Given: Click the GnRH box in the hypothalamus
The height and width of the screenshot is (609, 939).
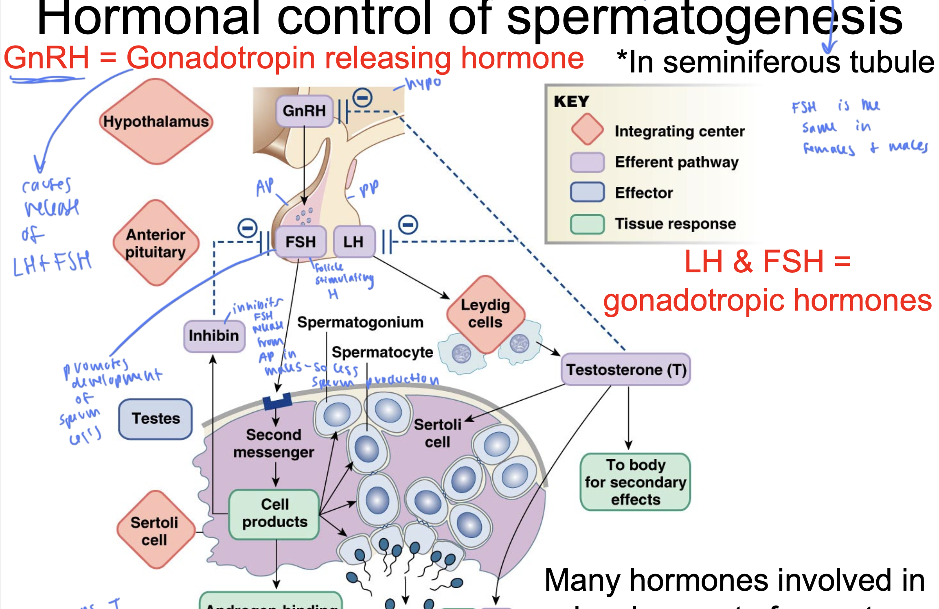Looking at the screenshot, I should tap(304, 111).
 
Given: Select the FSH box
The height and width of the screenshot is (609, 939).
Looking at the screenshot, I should tap(301, 242).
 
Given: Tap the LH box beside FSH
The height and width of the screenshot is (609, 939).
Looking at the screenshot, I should tap(353, 242).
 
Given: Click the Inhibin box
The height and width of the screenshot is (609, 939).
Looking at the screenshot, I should tap(214, 336).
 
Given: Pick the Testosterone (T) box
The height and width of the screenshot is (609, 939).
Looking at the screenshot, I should tap(626, 370).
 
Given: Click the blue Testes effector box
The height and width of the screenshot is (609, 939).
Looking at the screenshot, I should tap(156, 418).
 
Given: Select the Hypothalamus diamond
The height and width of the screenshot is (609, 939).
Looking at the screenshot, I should tap(156, 121).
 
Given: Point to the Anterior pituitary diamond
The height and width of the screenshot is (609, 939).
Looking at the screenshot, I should tap(156, 243).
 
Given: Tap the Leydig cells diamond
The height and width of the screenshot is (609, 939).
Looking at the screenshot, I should tap(485, 313).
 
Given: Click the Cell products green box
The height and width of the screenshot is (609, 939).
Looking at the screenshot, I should tap(274, 514).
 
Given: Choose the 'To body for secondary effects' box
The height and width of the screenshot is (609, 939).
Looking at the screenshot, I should tap(635, 482).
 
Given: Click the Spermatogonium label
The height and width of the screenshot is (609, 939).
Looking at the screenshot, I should tap(360, 322).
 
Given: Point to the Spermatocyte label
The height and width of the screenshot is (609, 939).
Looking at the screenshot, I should tap(382, 352).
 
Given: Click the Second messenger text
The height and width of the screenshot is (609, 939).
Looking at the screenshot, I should tap(274, 443).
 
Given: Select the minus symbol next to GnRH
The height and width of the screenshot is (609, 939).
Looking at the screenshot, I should tap(362, 98).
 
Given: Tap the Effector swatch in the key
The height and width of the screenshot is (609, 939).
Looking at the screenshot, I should tap(587, 193).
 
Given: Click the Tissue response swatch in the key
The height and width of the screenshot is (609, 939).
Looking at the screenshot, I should tap(587, 224).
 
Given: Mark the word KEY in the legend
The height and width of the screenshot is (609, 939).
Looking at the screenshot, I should tap(571, 101).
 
